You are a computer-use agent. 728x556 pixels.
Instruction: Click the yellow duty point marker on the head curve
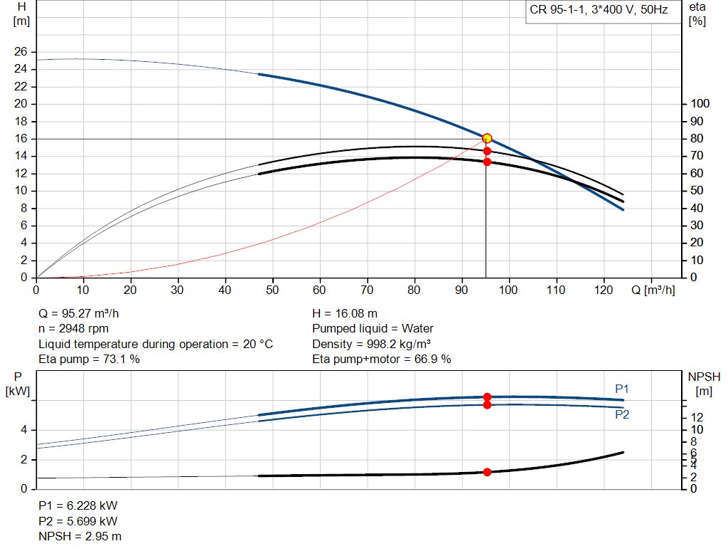[487, 138]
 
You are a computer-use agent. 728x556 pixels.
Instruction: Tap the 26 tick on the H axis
[21, 52]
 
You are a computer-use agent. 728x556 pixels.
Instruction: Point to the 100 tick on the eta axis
[700, 104]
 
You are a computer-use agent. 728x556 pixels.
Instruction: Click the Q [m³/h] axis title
[653, 290]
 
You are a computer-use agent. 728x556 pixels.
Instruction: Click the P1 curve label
[622, 389]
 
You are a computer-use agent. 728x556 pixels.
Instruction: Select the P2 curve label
[622, 414]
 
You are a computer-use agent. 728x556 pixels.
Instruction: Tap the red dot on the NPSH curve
[487, 472]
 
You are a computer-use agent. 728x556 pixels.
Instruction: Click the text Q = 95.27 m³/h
[75, 313]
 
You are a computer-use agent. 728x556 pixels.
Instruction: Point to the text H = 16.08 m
[345, 313]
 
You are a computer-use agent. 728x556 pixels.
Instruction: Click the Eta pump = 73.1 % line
[89, 359]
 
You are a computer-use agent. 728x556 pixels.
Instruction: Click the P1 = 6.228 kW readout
[77, 505]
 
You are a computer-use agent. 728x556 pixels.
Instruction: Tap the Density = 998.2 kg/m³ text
[372, 344]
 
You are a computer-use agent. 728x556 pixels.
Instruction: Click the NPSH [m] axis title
[704, 383]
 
